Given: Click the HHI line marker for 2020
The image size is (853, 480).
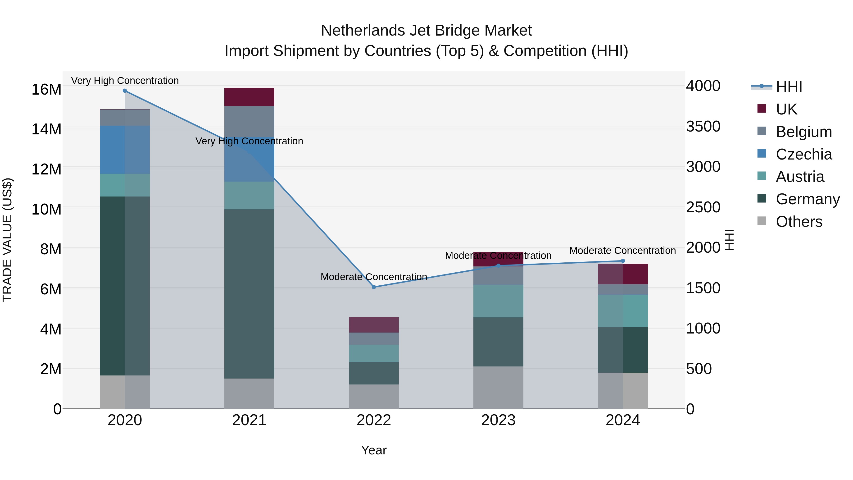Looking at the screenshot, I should tap(125, 91).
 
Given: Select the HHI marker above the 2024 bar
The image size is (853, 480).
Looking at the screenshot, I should tap(623, 261).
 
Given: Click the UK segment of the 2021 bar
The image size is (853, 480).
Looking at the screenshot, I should tap(249, 97).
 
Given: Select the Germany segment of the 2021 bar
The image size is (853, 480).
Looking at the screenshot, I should tap(249, 294).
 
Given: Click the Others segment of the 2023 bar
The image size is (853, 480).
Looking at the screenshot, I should tap(498, 388).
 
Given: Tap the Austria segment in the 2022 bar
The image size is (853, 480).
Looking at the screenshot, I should tap(374, 353).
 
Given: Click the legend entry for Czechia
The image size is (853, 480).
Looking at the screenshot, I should tap(804, 154).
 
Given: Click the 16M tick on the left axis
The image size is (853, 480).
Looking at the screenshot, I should tap(46, 89).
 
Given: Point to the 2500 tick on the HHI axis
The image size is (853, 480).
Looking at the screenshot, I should tap(703, 207).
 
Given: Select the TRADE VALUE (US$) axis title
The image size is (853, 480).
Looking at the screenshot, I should tap(7, 240).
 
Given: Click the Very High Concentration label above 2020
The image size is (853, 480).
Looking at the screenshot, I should tap(125, 81).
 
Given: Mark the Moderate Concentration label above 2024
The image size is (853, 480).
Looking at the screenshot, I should tap(622, 251).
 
